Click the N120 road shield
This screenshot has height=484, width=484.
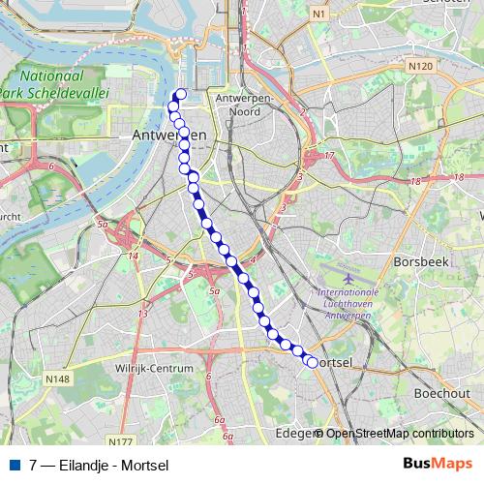point(419,66)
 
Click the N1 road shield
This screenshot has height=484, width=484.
point(320,14)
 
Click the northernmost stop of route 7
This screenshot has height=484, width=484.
point(181,94)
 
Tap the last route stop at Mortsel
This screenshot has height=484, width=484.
point(312,363)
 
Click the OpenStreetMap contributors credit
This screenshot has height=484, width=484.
point(399,434)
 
